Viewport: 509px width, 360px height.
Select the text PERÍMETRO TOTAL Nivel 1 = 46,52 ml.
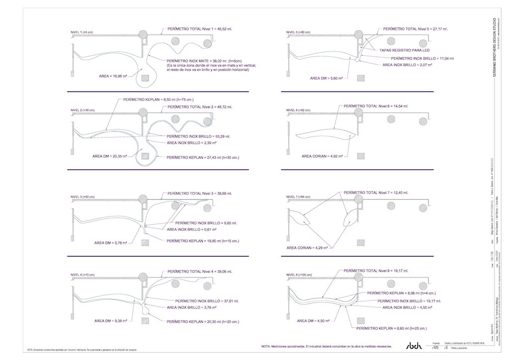click(200, 29)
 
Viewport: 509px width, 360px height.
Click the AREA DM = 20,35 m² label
click(109, 156)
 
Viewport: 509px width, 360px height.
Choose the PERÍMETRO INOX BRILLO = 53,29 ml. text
click(199, 136)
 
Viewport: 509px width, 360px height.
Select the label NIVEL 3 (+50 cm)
click(83, 197)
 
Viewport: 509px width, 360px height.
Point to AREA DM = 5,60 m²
click(327, 78)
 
